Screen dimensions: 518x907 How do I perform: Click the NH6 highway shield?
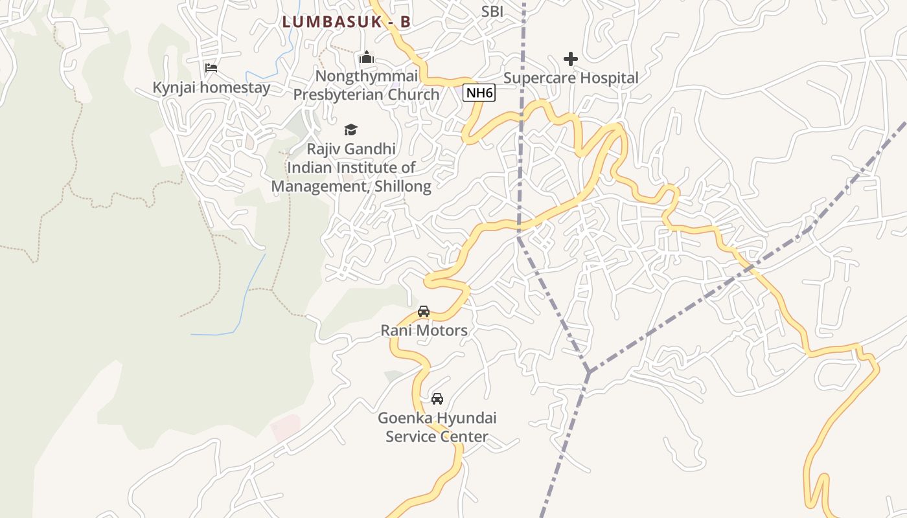[x=479, y=93]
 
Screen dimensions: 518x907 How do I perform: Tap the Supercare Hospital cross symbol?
[x=571, y=59]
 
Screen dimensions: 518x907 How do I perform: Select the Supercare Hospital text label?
[x=571, y=78]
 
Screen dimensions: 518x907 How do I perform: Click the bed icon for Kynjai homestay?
[x=211, y=67]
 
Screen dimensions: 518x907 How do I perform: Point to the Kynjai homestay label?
[x=211, y=87]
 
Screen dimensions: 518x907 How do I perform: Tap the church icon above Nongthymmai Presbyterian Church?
[x=367, y=58]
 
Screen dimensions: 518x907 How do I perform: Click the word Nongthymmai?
[x=366, y=76]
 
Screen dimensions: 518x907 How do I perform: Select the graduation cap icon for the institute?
[x=350, y=130]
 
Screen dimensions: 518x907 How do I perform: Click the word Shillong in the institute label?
[x=401, y=186]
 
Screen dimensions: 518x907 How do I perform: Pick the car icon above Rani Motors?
[x=424, y=311]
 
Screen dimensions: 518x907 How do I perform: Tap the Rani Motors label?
[x=424, y=331]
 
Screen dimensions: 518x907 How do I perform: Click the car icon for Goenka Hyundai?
[x=437, y=399]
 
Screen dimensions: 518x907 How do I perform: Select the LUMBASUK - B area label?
[x=346, y=21]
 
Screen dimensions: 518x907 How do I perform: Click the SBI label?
[x=492, y=11]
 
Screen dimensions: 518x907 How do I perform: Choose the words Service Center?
[x=437, y=436]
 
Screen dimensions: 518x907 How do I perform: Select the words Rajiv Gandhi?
[x=350, y=149]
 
